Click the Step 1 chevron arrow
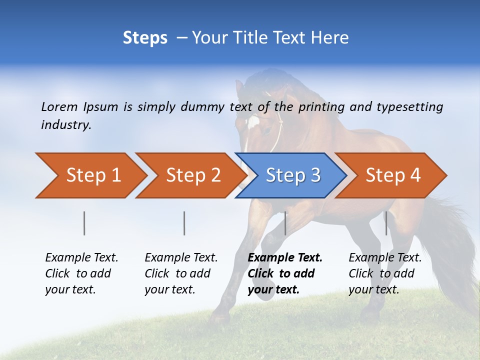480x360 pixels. (x=92, y=175)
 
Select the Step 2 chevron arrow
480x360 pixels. (x=192, y=175)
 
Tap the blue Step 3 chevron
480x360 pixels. (x=292, y=175)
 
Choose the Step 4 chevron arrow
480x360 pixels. (x=392, y=175)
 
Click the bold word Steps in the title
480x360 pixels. (x=145, y=38)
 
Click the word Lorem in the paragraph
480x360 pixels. (x=59, y=106)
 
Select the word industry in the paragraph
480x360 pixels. (x=65, y=125)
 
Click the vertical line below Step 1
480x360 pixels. (x=84, y=223)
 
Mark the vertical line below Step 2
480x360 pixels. (x=184, y=223)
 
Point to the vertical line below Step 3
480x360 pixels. (x=285, y=223)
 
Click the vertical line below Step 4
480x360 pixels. (x=386, y=223)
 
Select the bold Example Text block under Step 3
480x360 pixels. (x=285, y=273)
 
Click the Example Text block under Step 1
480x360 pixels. (x=81, y=273)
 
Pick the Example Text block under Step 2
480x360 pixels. (x=181, y=273)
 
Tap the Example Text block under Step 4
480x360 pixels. (x=385, y=273)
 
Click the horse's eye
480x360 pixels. (x=268, y=131)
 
